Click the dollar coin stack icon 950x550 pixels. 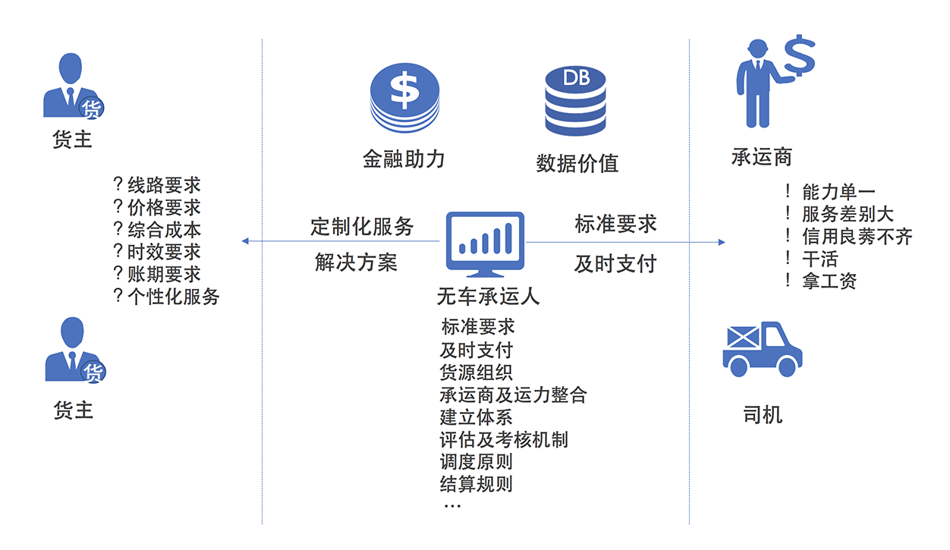(404, 98)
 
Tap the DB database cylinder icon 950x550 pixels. (575, 101)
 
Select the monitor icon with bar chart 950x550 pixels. (485, 244)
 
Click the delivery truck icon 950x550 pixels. (762, 349)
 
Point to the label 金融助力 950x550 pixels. (404, 159)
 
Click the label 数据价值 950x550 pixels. (577, 163)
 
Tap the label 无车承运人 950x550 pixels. (488, 296)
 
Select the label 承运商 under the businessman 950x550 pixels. (762, 157)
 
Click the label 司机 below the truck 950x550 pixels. (763, 414)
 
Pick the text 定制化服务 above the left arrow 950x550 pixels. (362, 226)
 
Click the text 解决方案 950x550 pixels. (357, 262)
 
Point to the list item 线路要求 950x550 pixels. (164, 185)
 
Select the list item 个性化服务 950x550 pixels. (174, 297)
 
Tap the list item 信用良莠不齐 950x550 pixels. (857, 236)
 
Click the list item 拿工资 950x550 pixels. (829, 281)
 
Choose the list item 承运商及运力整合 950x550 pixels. (513, 395)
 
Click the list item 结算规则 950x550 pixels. (477, 484)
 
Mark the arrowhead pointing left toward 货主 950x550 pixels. (245, 241)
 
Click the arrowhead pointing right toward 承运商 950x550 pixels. (722, 242)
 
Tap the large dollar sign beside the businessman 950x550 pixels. (800, 55)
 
